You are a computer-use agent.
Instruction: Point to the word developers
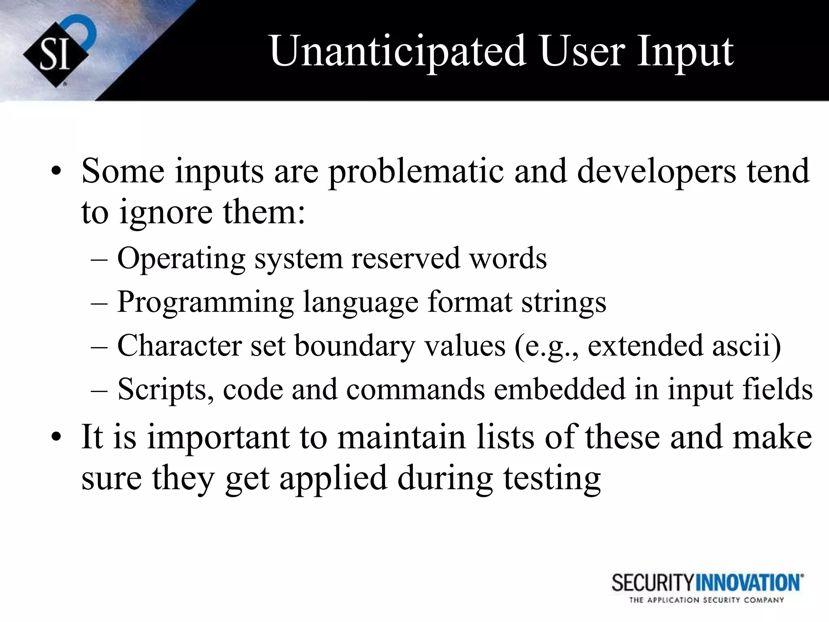[656, 172]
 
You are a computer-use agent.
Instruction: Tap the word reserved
[406, 258]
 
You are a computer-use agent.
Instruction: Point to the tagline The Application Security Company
[706, 600]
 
